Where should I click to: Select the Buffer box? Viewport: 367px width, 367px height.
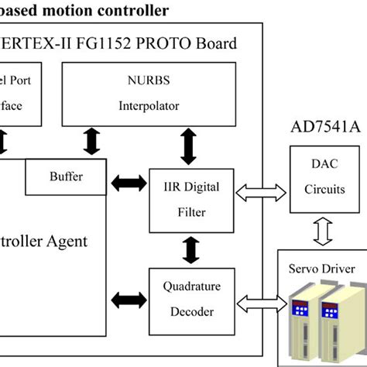point(64,177)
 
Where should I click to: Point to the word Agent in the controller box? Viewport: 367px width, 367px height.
point(67,241)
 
